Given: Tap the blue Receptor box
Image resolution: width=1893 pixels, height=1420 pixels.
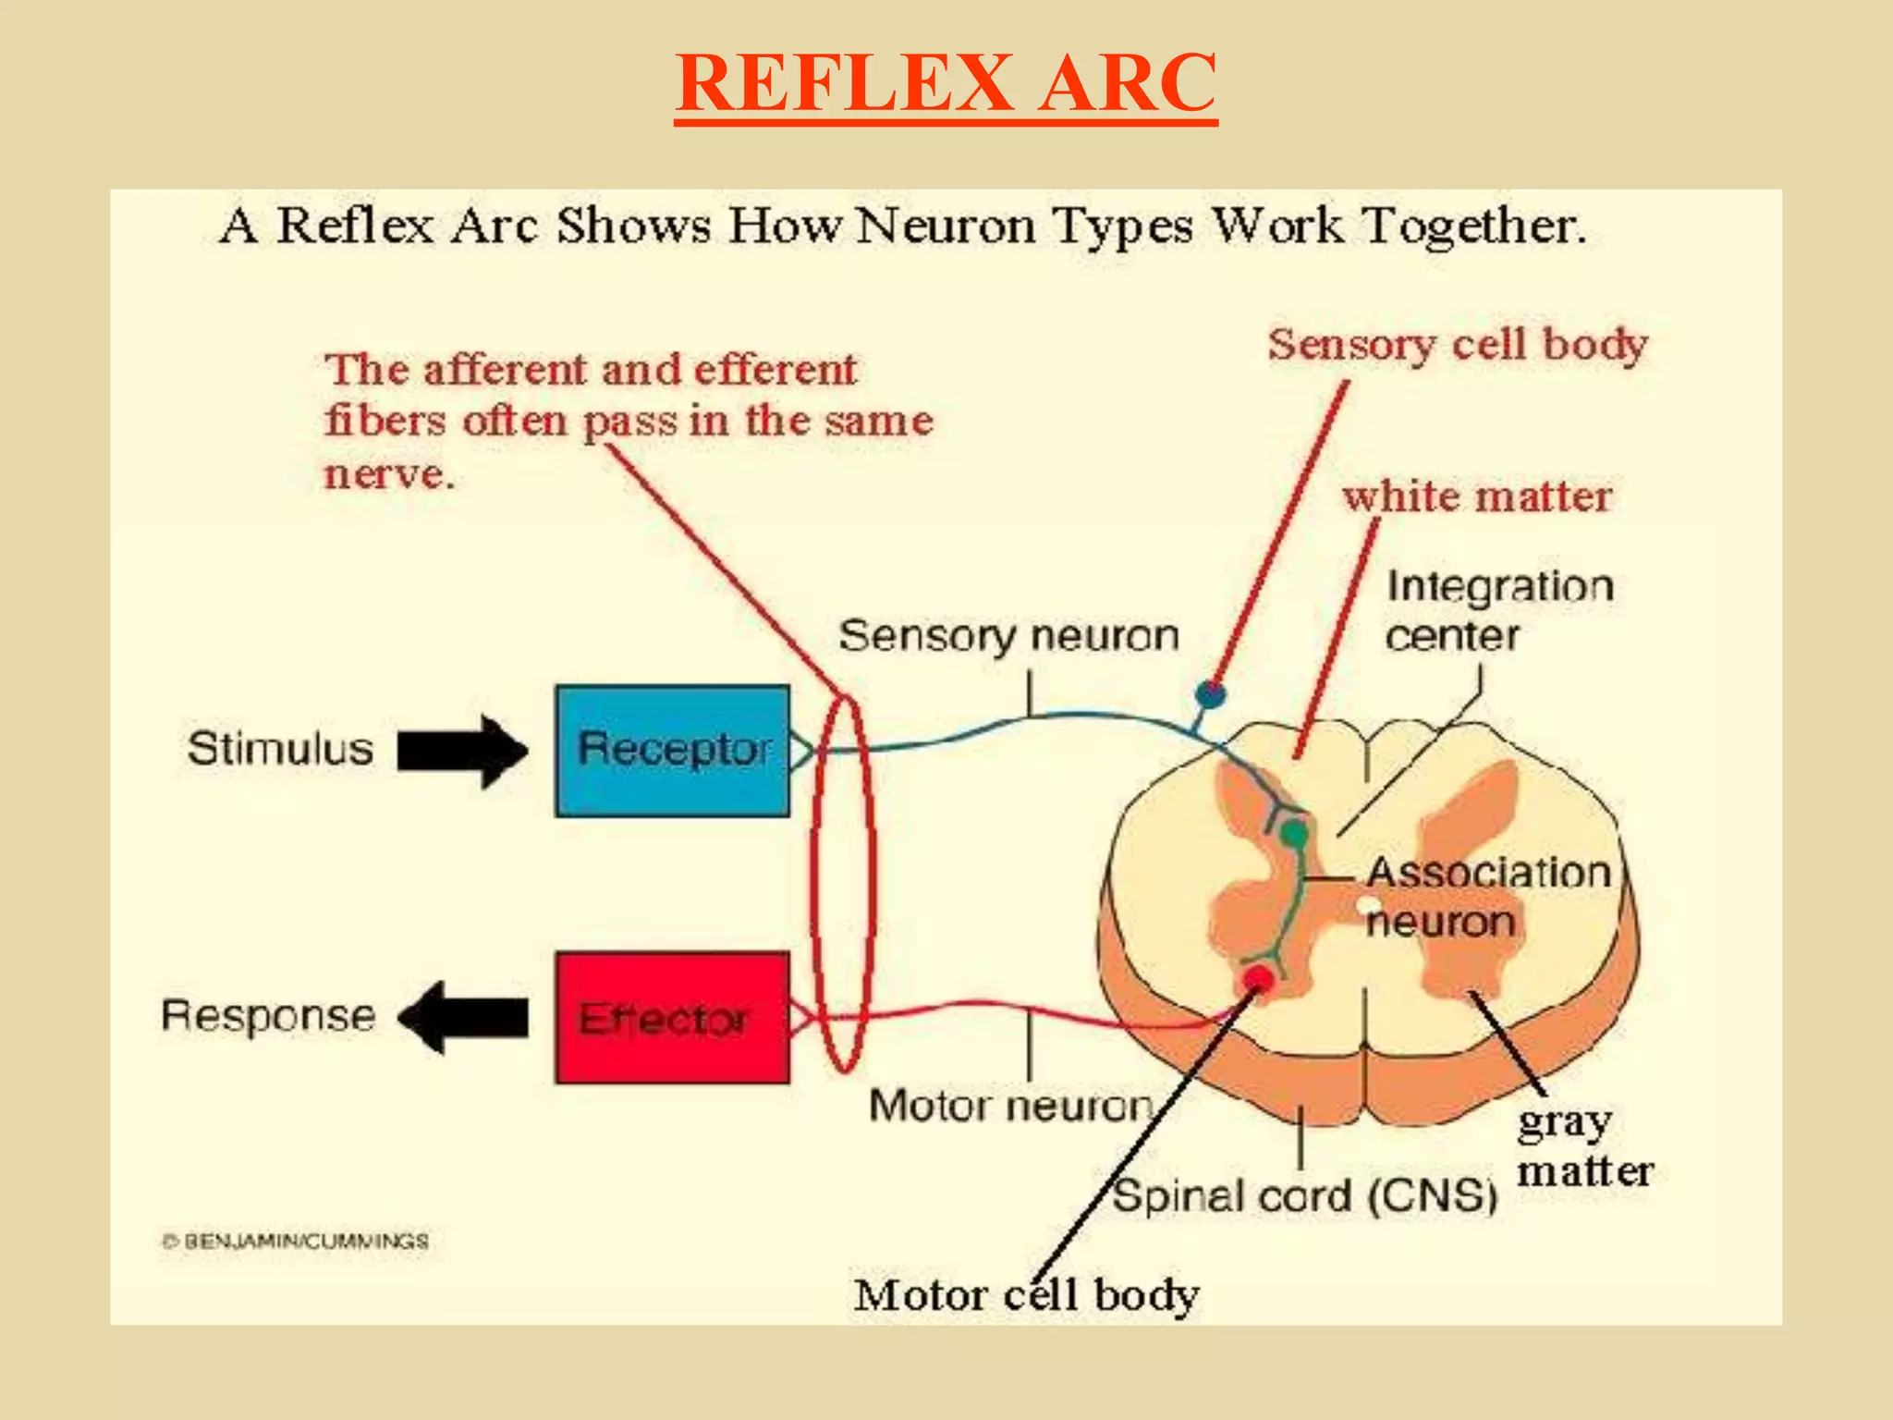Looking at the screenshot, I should click(672, 750).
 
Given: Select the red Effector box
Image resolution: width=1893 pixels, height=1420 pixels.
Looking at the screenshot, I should click(672, 1017).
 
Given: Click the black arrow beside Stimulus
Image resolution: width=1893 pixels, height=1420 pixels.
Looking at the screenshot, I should click(462, 751).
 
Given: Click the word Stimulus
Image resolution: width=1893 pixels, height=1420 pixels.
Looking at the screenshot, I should click(280, 748).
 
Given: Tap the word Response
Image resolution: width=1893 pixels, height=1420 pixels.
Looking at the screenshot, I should click(269, 1016).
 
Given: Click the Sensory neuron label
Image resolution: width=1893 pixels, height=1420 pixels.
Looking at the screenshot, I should click(1008, 636).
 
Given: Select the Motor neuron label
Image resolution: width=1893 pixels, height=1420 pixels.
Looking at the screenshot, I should click(1011, 1106).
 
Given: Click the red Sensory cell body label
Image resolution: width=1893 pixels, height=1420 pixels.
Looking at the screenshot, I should click(1458, 346).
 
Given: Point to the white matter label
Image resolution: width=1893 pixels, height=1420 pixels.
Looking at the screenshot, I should click(1477, 496).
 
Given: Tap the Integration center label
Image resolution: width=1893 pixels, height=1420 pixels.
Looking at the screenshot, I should click(1497, 611).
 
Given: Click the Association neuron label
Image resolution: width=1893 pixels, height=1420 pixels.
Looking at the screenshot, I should click(1487, 897).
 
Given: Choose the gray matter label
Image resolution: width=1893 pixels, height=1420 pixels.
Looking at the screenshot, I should click(1583, 1147).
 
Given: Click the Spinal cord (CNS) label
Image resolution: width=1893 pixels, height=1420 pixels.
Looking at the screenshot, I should click(1304, 1195).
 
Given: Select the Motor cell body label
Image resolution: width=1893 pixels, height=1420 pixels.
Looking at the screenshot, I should click(1026, 1294).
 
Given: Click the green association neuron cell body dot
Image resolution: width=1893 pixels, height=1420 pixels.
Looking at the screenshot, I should click(1293, 835).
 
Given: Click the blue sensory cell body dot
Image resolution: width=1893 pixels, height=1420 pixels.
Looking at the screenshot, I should click(1210, 692).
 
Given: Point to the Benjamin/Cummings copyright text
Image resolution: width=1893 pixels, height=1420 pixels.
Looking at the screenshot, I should click(296, 1241).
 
